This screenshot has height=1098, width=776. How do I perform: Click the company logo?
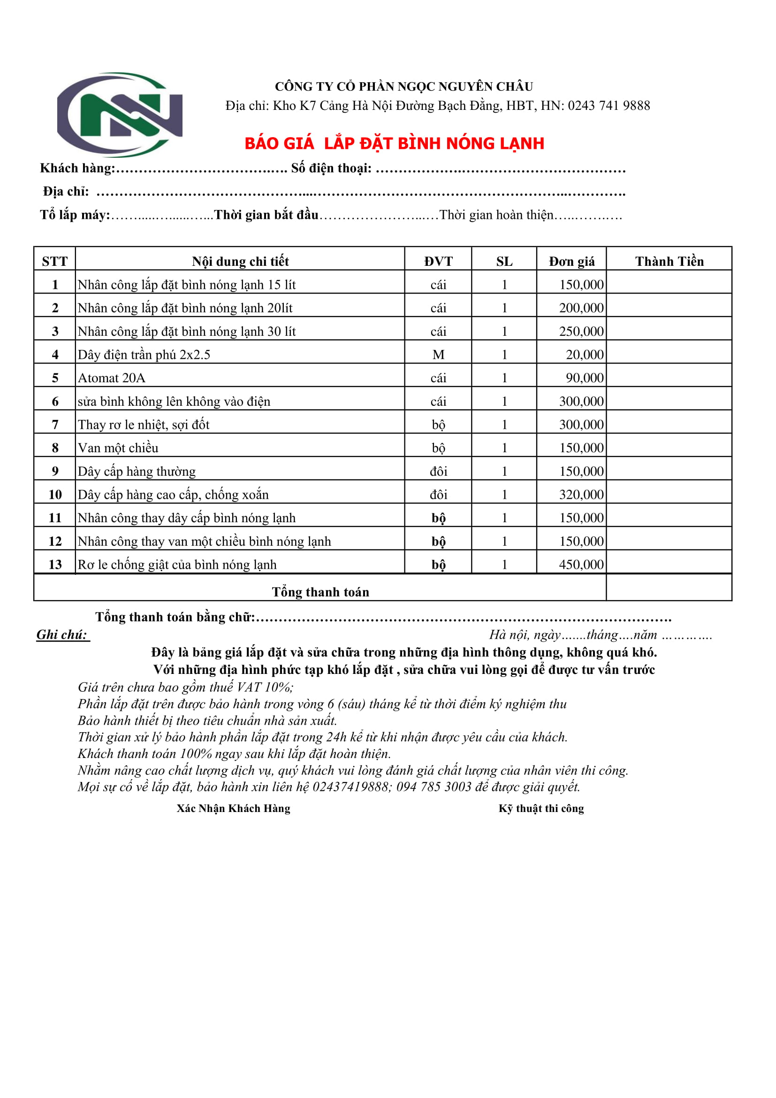pos(120,115)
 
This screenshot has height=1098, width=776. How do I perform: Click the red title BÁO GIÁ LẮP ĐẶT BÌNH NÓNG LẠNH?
pos(394,143)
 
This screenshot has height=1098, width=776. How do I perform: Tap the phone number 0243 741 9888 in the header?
pos(609,106)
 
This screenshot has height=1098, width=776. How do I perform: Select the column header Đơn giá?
pos(571,261)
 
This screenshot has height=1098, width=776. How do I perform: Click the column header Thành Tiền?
pos(669,261)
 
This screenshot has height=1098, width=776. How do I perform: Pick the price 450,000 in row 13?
pos(581,565)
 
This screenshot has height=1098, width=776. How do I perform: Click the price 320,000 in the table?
pos(581,495)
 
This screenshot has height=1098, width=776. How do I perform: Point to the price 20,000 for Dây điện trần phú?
pos(585,355)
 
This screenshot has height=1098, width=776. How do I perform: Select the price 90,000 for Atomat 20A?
pos(585,378)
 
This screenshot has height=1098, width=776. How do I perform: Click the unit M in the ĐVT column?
pos(438,355)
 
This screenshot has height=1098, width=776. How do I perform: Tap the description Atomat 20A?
pos(111,378)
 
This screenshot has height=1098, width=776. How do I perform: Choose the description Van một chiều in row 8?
pos(118,448)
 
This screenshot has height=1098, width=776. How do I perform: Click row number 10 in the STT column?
pos(55,495)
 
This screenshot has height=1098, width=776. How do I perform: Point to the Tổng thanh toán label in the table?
pos(320,592)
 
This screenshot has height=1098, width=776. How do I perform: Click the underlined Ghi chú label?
pos(62,634)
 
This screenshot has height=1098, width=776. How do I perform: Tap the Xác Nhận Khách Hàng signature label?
pos(233,808)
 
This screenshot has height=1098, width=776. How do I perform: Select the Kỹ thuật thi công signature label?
pos(541,808)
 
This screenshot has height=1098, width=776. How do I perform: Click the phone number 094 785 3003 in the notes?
pos(434,787)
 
